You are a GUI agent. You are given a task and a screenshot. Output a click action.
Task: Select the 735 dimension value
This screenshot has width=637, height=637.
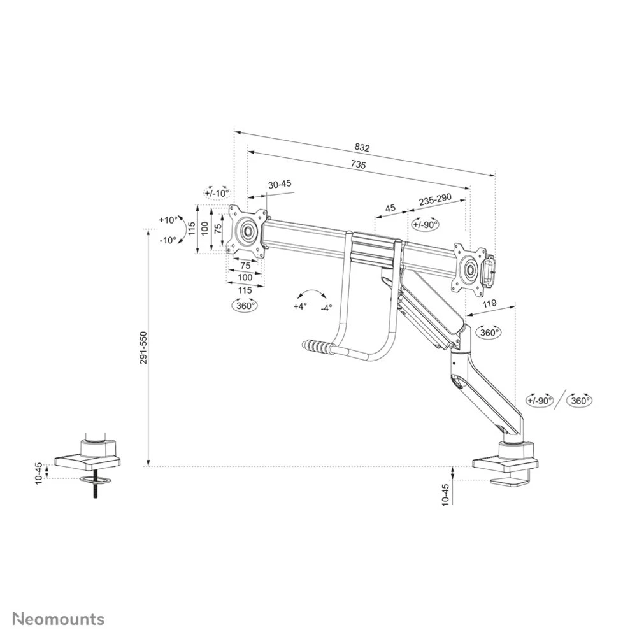click(x=358, y=164)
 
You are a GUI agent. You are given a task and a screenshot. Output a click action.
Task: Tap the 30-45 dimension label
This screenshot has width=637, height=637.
click(x=280, y=184)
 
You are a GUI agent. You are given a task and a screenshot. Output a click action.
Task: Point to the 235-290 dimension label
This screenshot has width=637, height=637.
click(x=435, y=199)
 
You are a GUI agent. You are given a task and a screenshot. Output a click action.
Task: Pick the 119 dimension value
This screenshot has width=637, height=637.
click(x=489, y=303)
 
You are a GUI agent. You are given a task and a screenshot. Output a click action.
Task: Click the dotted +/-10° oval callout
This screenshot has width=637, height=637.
click(x=217, y=193)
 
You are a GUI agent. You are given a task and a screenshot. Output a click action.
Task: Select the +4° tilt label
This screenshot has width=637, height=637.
click(x=300, y=306)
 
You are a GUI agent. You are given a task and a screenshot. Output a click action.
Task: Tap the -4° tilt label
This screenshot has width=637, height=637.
click(x=326, y=308)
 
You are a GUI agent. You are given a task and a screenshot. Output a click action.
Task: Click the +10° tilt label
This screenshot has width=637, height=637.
click(x=168, y=220)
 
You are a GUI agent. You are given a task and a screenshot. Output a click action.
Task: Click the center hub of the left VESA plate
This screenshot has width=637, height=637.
click(x=247, y=231)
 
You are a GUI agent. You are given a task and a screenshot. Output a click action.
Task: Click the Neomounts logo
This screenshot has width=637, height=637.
click(x=59, y=619)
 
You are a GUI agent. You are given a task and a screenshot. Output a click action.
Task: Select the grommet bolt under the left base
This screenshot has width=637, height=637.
click(x=96, y=487)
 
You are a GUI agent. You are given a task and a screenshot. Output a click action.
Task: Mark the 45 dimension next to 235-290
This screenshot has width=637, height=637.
click(x=390, y=208)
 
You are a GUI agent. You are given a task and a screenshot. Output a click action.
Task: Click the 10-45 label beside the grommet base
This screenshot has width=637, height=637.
click(x=39, y=473)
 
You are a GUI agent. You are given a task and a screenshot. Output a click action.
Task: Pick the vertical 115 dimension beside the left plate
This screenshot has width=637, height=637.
click(x=192, y=228)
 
